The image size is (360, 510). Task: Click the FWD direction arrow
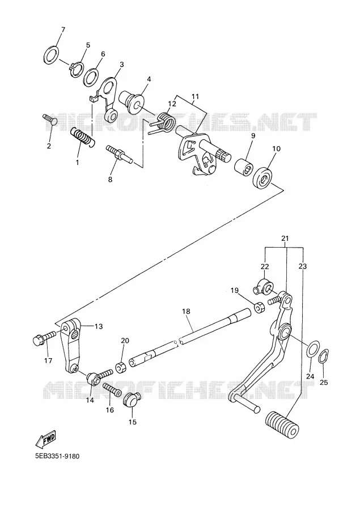(x=46, y=439)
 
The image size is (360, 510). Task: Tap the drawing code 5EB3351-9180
(x=57, y=456)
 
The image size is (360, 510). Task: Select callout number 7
(x=63, y=30)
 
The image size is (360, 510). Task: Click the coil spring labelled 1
(x=83, y=137)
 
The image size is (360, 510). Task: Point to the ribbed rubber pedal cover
(x=282, y=424)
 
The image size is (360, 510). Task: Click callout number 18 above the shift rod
(x=186, y=311)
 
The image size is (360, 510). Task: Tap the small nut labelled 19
(x=259, y=307)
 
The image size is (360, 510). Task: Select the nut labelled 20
(x=121, y=367)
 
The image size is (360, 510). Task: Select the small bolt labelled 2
(x=49, y=120)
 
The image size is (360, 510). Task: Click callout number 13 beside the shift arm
(x=98, y=326)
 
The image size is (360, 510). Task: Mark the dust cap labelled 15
(x=131, y=399)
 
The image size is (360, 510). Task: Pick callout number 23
(x=303, y=266)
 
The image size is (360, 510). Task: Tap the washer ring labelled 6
(x=91, y=77)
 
